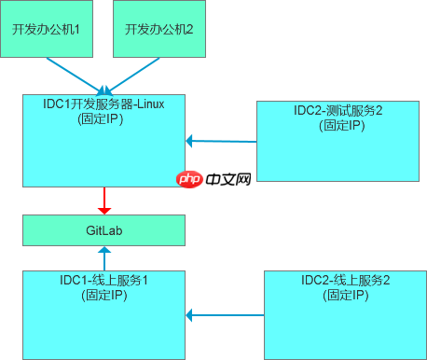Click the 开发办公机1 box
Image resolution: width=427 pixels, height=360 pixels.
(x=46, y=29)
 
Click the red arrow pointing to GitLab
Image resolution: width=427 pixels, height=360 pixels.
(x=105, y=200)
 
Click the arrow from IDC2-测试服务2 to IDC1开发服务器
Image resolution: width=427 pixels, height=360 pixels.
(x=221, y=141)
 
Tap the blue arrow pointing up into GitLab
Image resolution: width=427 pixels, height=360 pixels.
(x=105, y=257)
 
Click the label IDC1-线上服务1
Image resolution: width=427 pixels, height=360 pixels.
(x=104, y=280)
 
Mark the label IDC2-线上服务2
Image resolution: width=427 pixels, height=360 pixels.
(x=344, y=280)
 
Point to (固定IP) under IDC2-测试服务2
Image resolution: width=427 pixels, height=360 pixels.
(x=338, y=125)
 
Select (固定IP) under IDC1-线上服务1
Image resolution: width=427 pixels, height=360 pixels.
(x=104, y=295)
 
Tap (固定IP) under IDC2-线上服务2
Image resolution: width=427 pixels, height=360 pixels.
(x=344, y=295)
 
